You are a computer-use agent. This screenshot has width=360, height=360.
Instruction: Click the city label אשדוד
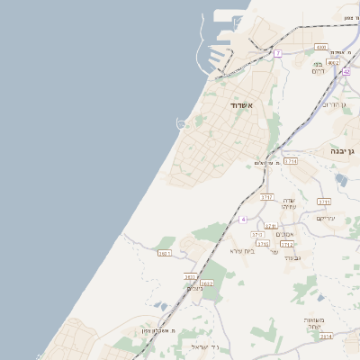point(243,106)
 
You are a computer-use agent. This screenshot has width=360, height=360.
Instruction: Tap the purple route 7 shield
point(278,54)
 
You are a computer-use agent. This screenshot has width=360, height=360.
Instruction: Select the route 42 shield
point(346,72)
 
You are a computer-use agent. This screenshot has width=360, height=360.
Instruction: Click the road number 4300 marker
point(321,47)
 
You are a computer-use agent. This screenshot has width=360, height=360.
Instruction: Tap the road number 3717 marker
point(266,196)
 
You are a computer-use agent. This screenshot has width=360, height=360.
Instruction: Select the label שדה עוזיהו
point(289,203)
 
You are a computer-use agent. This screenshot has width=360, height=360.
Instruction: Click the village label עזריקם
point(326,218)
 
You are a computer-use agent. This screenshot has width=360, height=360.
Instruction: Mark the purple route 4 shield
point(242,220)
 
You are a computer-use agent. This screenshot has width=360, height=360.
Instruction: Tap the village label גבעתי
point(292,258)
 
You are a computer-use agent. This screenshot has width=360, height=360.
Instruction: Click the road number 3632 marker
point(207,283)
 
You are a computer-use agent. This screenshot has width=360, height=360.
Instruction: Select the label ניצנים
point(196,289)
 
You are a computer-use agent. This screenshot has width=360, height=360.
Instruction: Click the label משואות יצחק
point(319,323)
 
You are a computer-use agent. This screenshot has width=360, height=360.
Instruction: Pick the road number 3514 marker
point(326,336)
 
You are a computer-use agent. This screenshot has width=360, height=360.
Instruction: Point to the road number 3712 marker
point(287,244)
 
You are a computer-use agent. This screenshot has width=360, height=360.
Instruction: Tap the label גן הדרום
point(334,105)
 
